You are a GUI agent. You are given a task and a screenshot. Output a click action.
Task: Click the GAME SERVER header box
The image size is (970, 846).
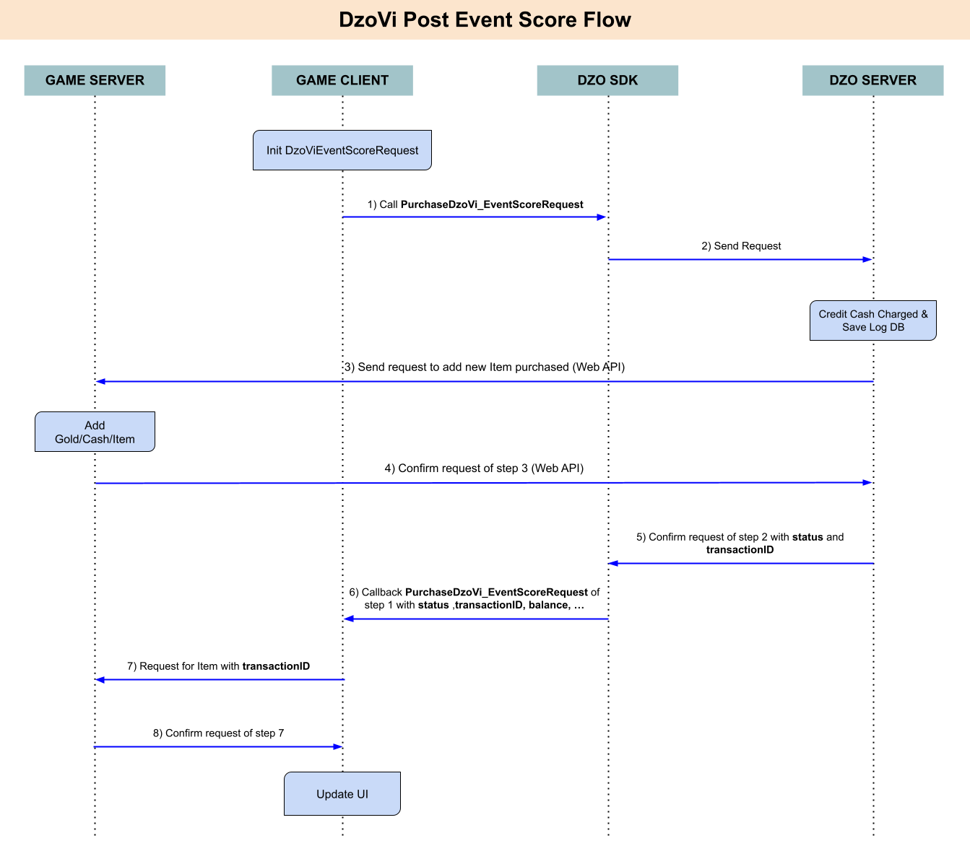(x=95, y=81)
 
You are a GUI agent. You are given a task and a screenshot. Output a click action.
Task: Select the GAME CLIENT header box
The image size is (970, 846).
(x=342, y=81)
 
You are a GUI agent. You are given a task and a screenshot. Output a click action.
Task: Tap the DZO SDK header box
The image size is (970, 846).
(x=607, y=81)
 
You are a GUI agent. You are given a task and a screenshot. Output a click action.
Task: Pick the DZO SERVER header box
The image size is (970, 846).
(x=872, y=81)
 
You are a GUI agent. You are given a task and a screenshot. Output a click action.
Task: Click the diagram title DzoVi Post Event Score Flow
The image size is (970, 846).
(x=485, y=20)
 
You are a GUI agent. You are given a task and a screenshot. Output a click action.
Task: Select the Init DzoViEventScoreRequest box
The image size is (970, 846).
(x=342, y=150)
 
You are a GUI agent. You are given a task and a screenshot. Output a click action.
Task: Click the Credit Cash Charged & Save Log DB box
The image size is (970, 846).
(x=872, y=320)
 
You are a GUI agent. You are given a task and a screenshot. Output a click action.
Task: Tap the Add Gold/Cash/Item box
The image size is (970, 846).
(x=95, y=432)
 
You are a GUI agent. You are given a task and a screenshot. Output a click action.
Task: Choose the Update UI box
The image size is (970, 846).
(x=342, y=794)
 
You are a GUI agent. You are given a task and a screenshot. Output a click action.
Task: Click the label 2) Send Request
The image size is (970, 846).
(x=741, y=246)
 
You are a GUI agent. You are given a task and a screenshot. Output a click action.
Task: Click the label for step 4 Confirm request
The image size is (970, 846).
(x=484, y=468)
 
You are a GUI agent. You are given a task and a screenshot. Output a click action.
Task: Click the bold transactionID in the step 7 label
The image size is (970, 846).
(x=276, y=666)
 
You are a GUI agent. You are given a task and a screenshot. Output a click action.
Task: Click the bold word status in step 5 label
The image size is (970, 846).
(x=807, y=536)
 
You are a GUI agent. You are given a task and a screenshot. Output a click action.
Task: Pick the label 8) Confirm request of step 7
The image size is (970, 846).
(x=219, y=733)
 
